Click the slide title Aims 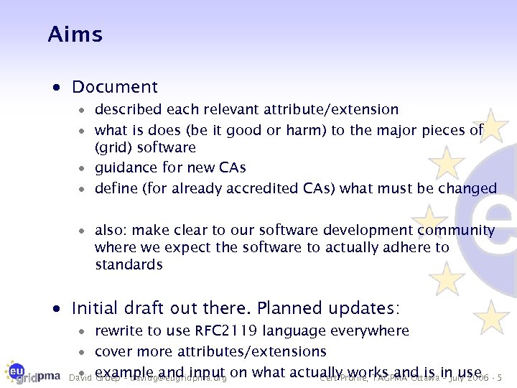click(75, 34)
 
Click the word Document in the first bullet click(114, 88)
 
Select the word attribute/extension click(336, 110)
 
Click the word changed click(467, 188)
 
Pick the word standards click(129, 265)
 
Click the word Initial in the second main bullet click(96, 309)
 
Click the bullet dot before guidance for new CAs click(83, 168)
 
